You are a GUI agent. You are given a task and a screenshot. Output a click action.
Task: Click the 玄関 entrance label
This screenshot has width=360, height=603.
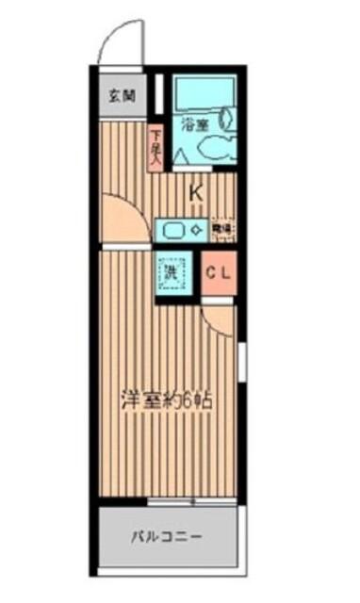click(121, 94)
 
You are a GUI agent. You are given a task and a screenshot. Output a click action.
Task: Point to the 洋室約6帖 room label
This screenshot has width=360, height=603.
click(165, 399)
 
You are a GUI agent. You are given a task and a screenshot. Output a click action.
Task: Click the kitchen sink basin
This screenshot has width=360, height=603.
click(173, 228)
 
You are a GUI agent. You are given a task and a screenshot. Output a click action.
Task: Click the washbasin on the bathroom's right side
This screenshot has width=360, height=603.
click(227, 118)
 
